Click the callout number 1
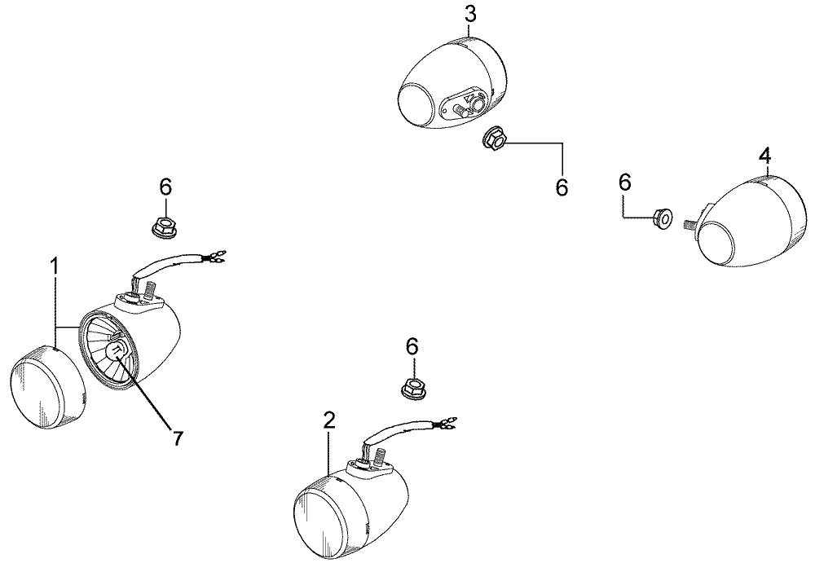pyautogui.click(x=54, y=266)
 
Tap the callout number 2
pyautogui.click(x=329, y=420)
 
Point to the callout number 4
pyautogui.click(x=764, y=156)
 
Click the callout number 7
pyautogui.click(x=178, y=439)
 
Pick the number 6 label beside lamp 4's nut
pyautogui.click(x=625, y=182)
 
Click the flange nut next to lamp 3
pyautogui.click(x=495, y=139)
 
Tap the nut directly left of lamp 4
pyautogui.click(x=662, y=218)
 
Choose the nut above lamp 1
pyautogui.click(x=163, y=227)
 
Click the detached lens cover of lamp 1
pyautogui.click(x=47, y=386)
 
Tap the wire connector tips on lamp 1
pyautogui.click(x=217, y=255)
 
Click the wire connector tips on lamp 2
pyautogui.click(x=447, y=422)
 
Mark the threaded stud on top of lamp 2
pyautogui.click(x=380, y=456)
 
